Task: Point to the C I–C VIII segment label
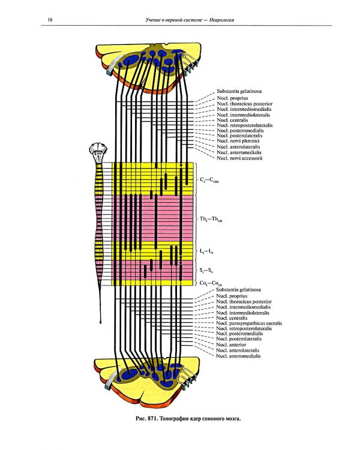point(209,180)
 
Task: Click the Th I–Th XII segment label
point(211,219)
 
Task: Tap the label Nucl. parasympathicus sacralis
point(251,323)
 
